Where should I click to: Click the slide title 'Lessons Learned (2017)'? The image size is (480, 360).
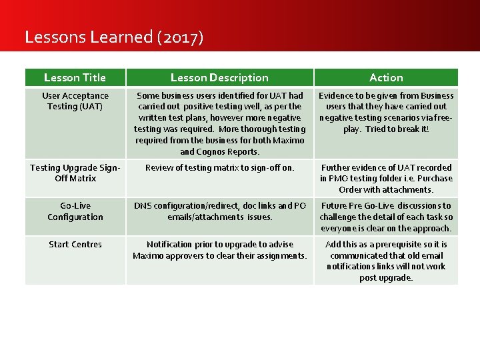click(x=113, y=37)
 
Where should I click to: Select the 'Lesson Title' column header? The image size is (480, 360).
click(x=75, y=78)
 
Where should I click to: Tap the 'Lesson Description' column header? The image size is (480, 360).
click(x=219, y=78)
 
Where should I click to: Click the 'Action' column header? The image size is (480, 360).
click(x=386, y=78)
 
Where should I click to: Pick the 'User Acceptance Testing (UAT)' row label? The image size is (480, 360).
click(x=75, y=101)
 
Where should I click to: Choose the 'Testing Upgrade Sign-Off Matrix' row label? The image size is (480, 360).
click(x=75, y=173)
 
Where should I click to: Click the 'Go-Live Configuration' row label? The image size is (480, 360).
click(x=75, y=211)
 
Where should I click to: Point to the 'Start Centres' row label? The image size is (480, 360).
click(x=75, y=245)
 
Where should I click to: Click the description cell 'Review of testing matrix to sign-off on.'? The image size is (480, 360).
click(x=219, y=168)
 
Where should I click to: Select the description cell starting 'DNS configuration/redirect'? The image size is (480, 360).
click(x=219, y=211)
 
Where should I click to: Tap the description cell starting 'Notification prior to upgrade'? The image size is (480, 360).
click(x=219, y=250)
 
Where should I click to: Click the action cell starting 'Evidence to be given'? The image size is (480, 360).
click(x=386, y=112)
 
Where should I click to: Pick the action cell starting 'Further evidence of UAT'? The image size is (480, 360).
click(x=386, y=179)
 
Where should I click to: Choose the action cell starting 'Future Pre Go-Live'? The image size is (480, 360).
click(x=386, y=217)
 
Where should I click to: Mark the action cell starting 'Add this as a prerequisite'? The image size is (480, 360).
click(x=386, y=261)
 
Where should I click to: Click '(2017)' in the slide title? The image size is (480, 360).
click(x=180, y=37)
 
